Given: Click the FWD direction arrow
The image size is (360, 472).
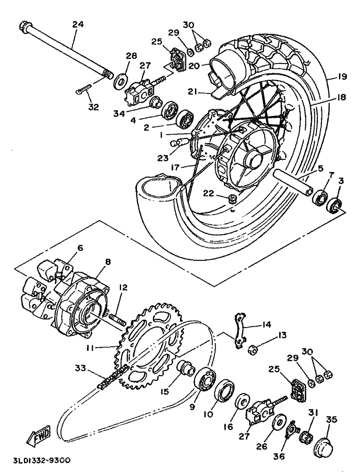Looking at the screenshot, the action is click(38, 435).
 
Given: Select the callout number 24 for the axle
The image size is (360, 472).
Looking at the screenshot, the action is click(78, 24).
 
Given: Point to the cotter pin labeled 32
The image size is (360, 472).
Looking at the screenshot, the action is click(83, 89).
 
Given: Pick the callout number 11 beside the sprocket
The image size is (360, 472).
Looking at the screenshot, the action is click(93, 348).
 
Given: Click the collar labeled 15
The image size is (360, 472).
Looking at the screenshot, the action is click(187, 367).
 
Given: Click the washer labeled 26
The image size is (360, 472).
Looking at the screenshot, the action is click(278, 422).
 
